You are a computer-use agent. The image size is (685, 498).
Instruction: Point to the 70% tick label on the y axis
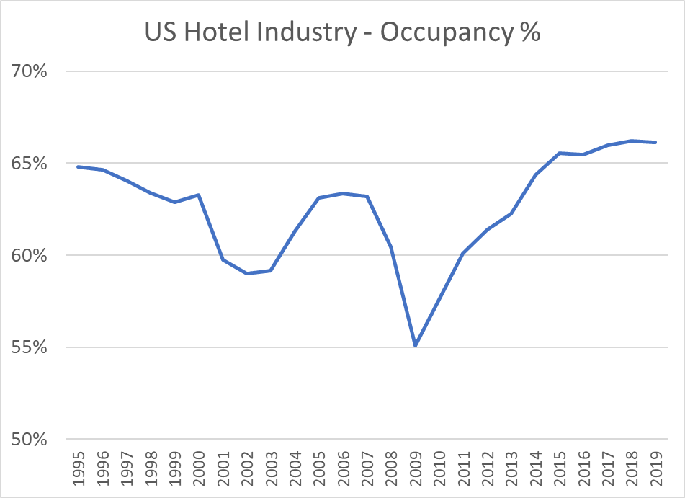(29, 71)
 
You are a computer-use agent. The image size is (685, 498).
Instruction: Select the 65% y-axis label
(29, 164)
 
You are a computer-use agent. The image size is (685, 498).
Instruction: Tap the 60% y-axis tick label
(29, 256)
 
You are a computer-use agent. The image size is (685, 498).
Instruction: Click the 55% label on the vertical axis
(29, 347)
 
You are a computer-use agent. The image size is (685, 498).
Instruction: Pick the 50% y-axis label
(29, 440)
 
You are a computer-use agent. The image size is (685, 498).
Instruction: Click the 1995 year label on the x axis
(79, 466)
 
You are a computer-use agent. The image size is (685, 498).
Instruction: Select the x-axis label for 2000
(199, 466)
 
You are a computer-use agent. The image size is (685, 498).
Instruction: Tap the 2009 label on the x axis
(415, 466)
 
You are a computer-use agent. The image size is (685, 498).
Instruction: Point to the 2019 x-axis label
(655, 466)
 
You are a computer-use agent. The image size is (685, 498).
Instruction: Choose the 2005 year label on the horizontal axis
(319, 466)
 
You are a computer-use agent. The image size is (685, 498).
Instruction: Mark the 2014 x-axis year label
(535, 466)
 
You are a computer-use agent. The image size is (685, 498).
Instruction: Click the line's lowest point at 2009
(415, 346)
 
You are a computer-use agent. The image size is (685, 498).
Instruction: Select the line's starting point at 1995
(79, 167)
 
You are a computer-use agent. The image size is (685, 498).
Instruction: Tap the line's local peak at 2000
(199, 195)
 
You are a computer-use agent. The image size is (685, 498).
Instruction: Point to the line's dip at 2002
(247, 273)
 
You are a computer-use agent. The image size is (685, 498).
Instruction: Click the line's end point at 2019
(655, 142)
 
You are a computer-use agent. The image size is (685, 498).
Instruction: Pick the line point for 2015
(559, 153)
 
